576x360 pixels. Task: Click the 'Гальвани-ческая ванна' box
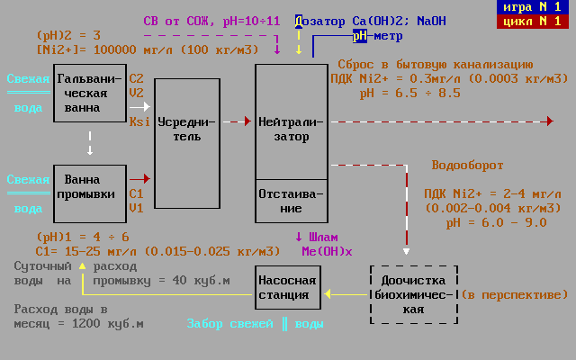[89, 93]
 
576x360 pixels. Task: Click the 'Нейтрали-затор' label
[292, 129]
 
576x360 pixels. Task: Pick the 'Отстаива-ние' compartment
[292, 202]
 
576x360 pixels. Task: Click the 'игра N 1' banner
[535, 7]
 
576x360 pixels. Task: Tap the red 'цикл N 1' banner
[535, 22]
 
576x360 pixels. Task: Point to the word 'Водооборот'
[467, 166]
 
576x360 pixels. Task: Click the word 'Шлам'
[324, 238]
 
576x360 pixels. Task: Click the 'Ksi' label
[139, 121]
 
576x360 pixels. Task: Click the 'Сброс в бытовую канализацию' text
[435, 65]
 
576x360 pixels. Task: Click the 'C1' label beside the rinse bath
[136, 193]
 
